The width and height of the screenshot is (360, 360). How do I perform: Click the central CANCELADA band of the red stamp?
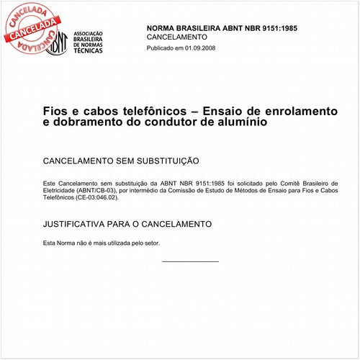coord(33,28)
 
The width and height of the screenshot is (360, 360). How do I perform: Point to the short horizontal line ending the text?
coord(190,261)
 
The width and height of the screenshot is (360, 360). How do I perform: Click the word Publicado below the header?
coord(161,48)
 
